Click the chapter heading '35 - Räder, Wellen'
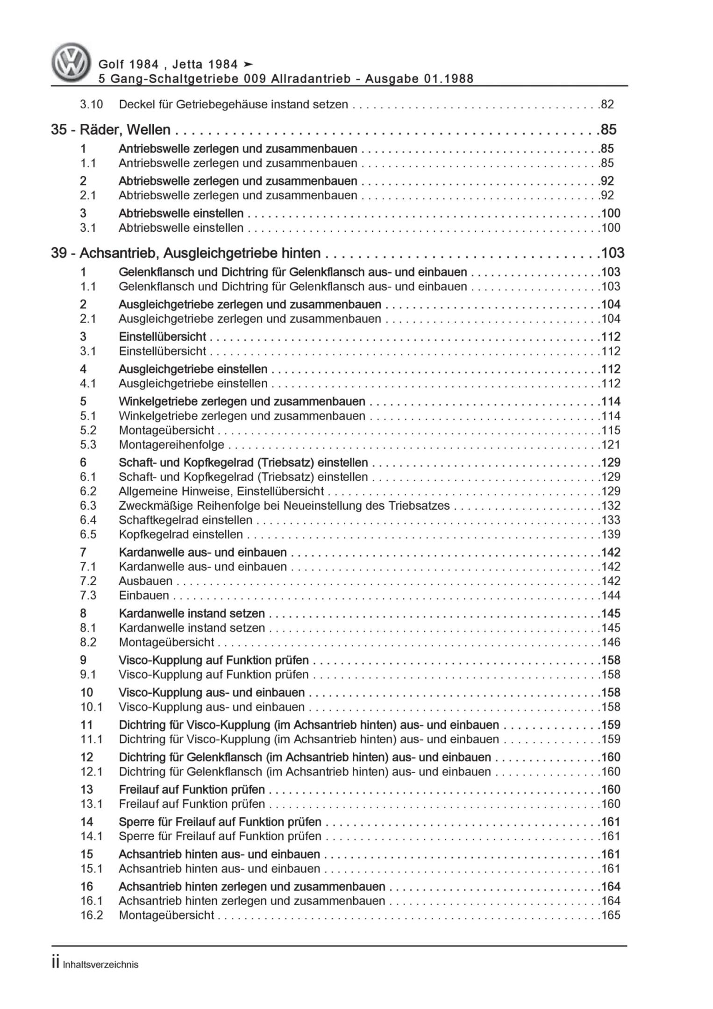111,129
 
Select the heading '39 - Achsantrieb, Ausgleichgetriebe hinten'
186,253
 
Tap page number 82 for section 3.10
607,105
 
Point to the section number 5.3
88,445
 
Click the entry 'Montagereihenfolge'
171,445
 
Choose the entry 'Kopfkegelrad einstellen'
181,534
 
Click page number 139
611,534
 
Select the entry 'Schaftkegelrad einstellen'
185,520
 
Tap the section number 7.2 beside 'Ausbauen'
88,581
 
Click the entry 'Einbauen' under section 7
144,596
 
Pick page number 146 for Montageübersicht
611,642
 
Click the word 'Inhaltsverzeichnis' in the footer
101,965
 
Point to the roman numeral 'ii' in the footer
56,963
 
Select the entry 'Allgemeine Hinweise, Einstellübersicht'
221,491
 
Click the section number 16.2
91,916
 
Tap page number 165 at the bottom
611,916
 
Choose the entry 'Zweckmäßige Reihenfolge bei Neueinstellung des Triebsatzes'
284,506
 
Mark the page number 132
611,506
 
